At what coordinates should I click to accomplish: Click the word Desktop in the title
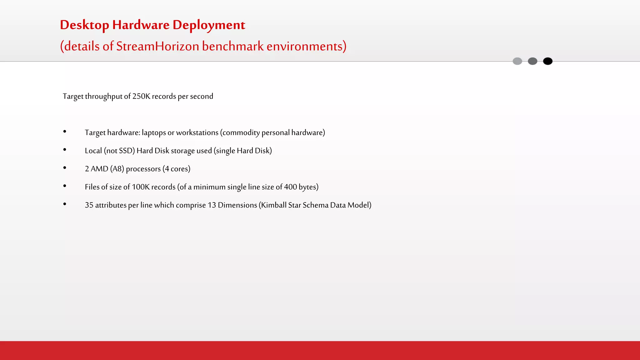(84, 25)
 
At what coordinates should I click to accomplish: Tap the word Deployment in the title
(209, 25)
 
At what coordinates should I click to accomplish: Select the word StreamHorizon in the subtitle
(157, 46)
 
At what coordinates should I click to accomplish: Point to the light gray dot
(517, 61)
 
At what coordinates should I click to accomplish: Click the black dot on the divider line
(547, 61)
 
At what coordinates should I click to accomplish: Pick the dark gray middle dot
(532, 61)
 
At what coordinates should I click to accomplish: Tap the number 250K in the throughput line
(141, 96)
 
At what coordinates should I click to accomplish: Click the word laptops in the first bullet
(154, 133)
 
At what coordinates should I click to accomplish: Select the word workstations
(197, 132)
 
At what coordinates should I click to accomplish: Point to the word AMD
(99, 169)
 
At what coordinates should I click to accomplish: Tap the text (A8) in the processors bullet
(117, 169)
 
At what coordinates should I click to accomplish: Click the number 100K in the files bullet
(141, 187)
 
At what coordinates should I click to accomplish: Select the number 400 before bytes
(290, 187)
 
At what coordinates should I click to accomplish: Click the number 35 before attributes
(89, 205)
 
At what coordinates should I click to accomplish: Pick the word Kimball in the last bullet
(274, 205)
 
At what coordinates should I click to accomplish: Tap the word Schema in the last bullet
(315, 205)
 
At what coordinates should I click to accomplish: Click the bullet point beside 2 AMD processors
(65, 168)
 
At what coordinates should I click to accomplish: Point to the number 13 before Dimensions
(212, 205)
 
